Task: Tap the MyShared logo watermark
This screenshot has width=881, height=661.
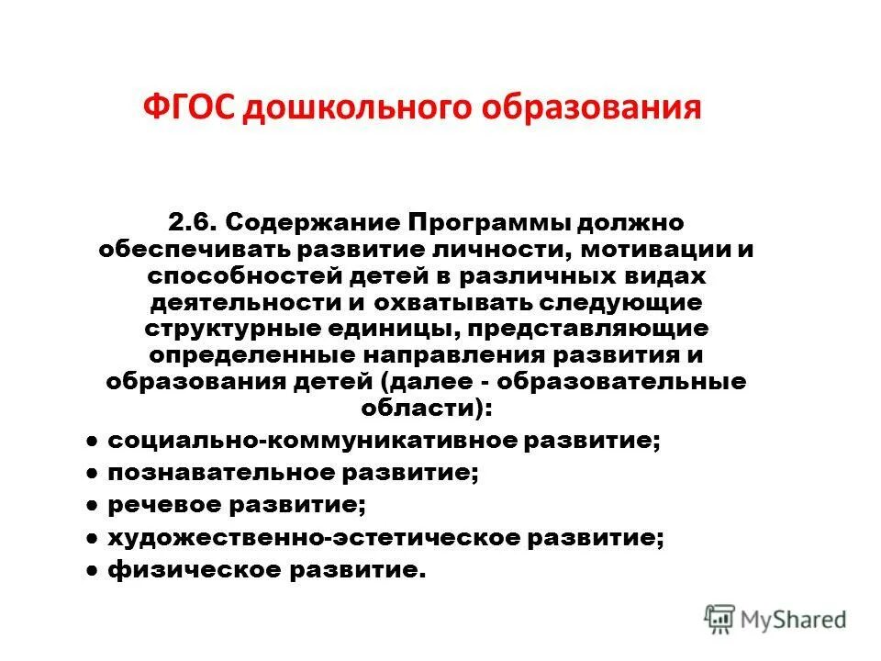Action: coord(776,618)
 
